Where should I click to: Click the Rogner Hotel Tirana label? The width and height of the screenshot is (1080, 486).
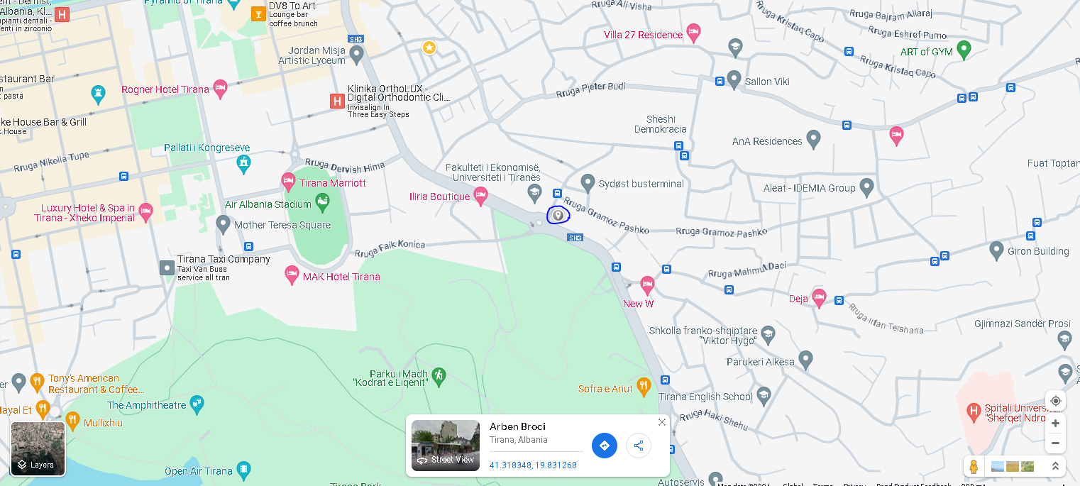click(x=165, y=90)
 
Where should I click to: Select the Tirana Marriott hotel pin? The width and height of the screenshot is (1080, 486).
click(x=288, y=182)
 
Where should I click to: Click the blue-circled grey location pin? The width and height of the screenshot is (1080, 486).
click(x=558, y=214)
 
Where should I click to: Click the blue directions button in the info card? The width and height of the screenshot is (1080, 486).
click(x=605, y=446)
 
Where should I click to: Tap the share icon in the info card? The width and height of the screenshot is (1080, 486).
click(x=639, y=446)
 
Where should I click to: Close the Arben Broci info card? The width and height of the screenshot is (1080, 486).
click(x=662, y=422)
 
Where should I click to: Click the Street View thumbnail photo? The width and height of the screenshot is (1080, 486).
click(x=446, y=446)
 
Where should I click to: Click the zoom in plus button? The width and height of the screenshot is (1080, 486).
click(x=1055, y=424)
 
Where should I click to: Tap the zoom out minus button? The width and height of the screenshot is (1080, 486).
click(x=1055, y=443)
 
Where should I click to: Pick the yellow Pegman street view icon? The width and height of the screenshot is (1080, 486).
click(x=974, y=467)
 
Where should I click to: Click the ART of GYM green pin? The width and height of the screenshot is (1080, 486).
click(x=963, y=50)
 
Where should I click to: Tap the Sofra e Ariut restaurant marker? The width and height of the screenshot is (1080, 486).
click(x=644, y=387)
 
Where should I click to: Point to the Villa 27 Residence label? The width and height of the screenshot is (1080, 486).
click(x=643, y=35)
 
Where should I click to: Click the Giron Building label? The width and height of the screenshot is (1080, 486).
click(x=1039, y=251)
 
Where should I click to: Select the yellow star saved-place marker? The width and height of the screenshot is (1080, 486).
click(x=429, y=48)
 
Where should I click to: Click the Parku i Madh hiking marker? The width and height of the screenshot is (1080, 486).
click(x=439, y=375)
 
